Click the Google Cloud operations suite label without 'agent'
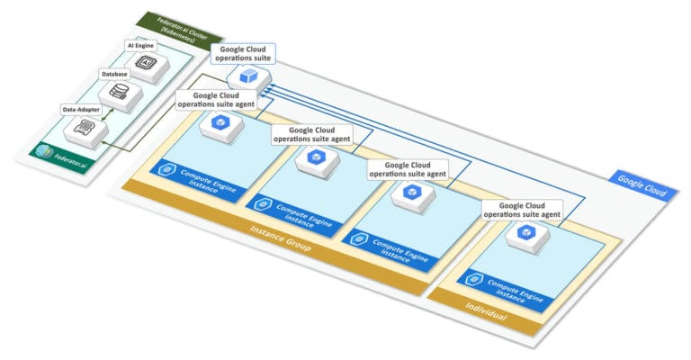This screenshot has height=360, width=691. point(240,52)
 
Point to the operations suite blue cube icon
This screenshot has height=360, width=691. point(247,78)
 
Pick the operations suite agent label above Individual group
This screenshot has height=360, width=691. point(523,210)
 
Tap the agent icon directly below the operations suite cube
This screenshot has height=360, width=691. point(219,123)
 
